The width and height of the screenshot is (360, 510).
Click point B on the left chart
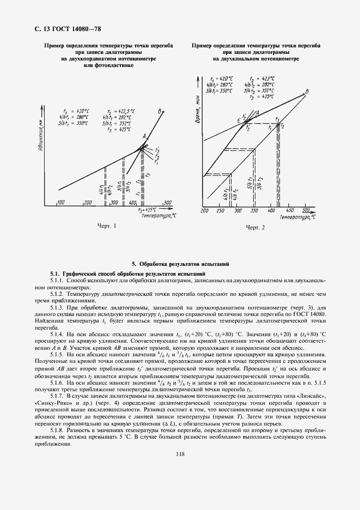(160, 111)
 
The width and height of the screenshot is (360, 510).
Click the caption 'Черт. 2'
(255, 227)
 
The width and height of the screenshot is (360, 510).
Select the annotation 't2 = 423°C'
(260, 78)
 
